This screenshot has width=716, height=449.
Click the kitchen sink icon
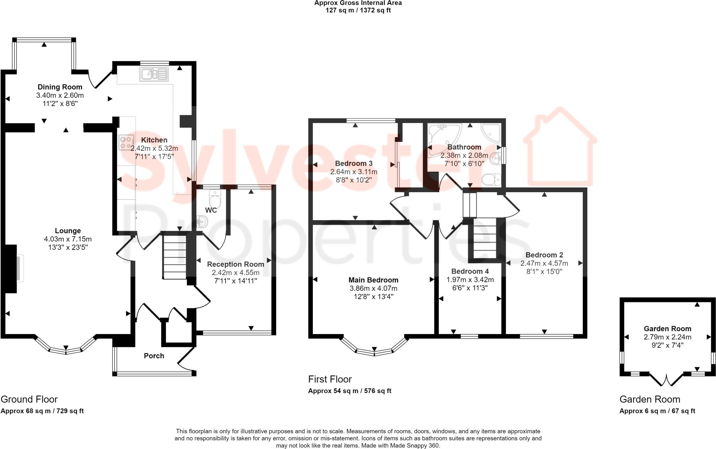pyautogui.click(x=154, y=74)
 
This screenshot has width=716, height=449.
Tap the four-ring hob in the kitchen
pyautogui.click(x=127, y=142)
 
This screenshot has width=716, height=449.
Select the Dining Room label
pyautogui.click(x=60, y=87)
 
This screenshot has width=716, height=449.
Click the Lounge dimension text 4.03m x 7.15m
pyautogui.click(x=68, y=239)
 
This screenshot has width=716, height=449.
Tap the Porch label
pyautogui.click(x=154, y=356)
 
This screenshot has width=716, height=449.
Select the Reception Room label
pyautogui.click(x=235, y=264)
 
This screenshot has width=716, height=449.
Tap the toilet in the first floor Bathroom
pyautogui.click(x=491, y=180)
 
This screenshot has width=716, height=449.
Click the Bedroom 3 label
pyautogui.click(x=353, y=163)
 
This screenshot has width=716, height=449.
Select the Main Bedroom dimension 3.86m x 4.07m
pyautogui.click(x=373, y=288)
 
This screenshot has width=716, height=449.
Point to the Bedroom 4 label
pyautogui.click(x=470, y=271)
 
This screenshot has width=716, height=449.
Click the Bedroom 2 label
pyautogui.click(x=544, y=255)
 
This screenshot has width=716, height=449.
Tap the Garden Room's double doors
pyautogui.click(x=667, y=379)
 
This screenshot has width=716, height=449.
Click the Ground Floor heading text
pyautogui.click(x=29, y=399)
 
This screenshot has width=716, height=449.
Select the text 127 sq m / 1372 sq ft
pyautogui.click(x=358, y=10)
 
